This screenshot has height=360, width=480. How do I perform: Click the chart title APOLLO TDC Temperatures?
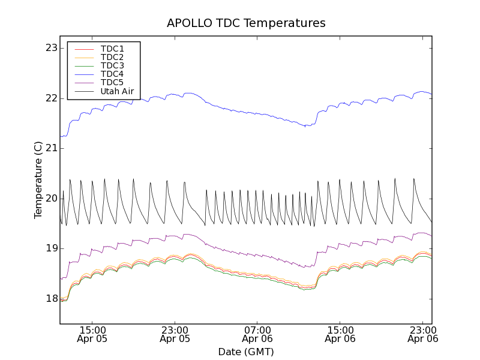[246, 23]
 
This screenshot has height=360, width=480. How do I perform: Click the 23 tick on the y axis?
[52, 48]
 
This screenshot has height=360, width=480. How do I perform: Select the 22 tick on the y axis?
[52, 98]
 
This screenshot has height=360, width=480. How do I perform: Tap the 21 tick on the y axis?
[52, 148]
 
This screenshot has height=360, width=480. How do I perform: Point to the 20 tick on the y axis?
[52, 199]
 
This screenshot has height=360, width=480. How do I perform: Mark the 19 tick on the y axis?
[52, 248]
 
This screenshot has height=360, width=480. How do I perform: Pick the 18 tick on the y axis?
[52, 299]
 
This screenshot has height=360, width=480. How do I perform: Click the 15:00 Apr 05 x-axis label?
[92, 334]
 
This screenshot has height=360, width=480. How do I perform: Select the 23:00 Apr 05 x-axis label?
[175, 334]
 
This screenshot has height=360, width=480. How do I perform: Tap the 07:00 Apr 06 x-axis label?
[258, 334]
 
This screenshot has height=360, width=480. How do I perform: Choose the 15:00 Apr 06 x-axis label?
[340, 334]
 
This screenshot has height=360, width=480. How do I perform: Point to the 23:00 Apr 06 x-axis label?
[423, 334]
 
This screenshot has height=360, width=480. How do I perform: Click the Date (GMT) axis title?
[246, 352]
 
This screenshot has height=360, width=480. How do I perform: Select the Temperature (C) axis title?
[38, 180]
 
